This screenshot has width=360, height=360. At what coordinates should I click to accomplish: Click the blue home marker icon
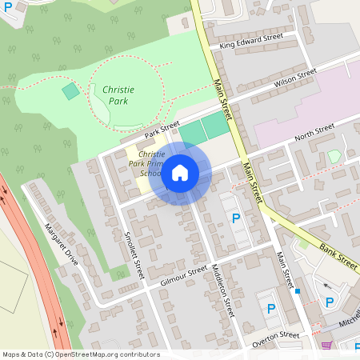pos(180,172)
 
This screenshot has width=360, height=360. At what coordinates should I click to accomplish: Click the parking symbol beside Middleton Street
pos(235,218)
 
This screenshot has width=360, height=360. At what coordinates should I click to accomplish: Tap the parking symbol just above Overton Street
pos(270,308)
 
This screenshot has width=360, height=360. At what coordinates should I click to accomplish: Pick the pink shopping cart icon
pos(326,346)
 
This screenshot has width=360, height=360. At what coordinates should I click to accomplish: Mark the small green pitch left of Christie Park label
pos(71,91)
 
